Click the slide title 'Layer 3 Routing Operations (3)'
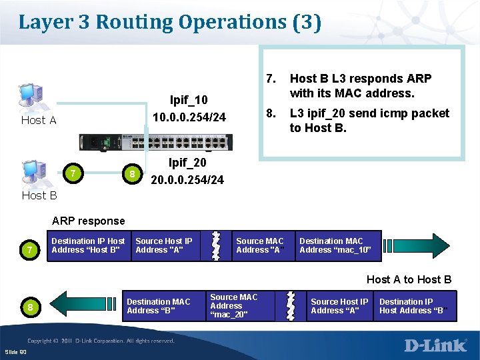click(170, 22)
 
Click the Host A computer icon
click(31, 97)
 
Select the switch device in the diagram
click(156, 143)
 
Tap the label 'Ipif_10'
click(189, 101)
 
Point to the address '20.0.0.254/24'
click(187, 180)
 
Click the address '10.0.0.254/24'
click(189, 118)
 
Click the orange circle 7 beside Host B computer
click(71, 174)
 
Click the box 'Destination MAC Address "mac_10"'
click(339, 245)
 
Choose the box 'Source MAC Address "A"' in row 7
click(260, 245)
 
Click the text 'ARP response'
click(88, 221)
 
